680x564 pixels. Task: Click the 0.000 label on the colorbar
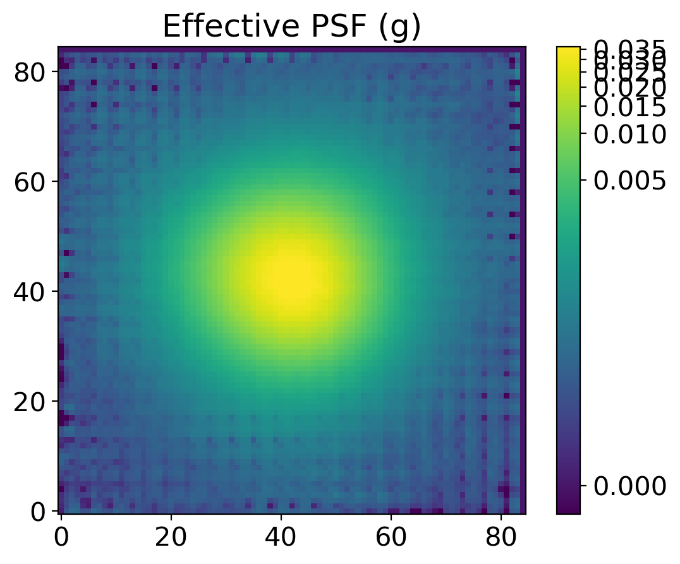629,486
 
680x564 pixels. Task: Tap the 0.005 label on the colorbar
629,182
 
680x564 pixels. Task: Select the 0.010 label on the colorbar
629,135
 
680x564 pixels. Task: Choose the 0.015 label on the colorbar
629,107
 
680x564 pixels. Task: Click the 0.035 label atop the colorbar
629,48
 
